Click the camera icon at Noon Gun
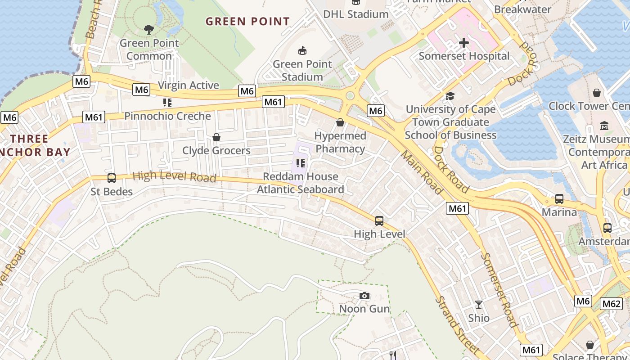pyautogui.click(x=364, y=296)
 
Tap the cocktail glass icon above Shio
pyautogui.click(x=479, y=305)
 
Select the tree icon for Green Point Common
pyautogui.click(x=149, y=30)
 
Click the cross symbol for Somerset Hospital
pyautogui.click(x=464, y=43)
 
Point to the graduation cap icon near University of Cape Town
pyautogui.click(x=450, y=96)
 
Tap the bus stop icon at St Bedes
pyautogui.click(x=112, y=178)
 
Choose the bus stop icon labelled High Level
pyautogui.click(x=379, y=220)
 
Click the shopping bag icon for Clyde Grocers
pyautogui.click(x=216, y=137)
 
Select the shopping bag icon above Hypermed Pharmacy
pyautogui.click(x=340, y=122)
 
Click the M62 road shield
pyautogui.click(x=612, y=303)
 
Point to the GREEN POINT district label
pyautogui.click(x=247, y=21)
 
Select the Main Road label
pyautogui.click(x=422, y=172)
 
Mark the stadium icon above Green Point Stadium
pyautogui.click(x=302, y=50)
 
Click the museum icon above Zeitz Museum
pyautogui.click(x=604, y=126)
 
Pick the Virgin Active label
pyautogui.click(x=189, y=85)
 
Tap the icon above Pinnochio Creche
pyautogui.click(x=167, y=103)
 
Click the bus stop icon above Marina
pyautogui.click(x=559, y=198)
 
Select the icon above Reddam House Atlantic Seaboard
pyautogui.click(x=300, y=163)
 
